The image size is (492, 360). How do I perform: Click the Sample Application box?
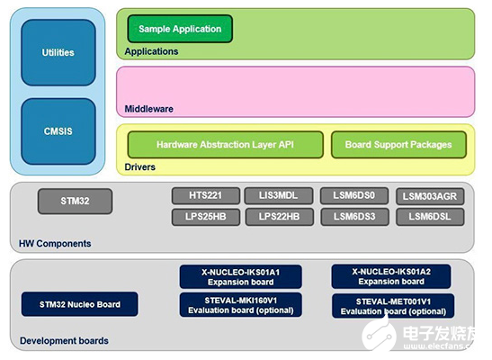pos(180,29)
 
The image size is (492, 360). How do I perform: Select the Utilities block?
pos(58,52)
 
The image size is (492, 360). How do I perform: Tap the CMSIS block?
pos(58,131)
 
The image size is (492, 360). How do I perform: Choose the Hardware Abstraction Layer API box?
pos(225,145)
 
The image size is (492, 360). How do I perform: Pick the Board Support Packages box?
pos(398,145)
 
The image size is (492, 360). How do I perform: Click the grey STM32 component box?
pos(75,202)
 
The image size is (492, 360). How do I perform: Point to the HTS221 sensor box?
pos(206,195)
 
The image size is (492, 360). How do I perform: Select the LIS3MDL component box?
pos(279,195)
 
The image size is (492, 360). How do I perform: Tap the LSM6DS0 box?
pos(354,195)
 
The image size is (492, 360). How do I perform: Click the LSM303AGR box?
pos(430,196)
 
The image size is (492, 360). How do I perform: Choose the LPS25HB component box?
pos(206,217)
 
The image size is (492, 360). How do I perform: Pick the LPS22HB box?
pos(279,217)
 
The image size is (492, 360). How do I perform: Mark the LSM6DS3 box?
pos(354,217)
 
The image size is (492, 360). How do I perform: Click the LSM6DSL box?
pos(430,217)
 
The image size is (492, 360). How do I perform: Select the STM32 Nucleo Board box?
pos(80,304)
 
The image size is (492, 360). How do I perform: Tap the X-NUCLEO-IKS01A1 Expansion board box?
pos(241,277)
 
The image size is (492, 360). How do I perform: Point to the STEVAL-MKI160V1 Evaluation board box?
pos(241,305)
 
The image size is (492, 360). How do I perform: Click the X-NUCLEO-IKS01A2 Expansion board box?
pos(391,276)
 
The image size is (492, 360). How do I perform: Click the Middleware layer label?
pos(149,109)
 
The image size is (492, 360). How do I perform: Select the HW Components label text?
pos(55,244)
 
